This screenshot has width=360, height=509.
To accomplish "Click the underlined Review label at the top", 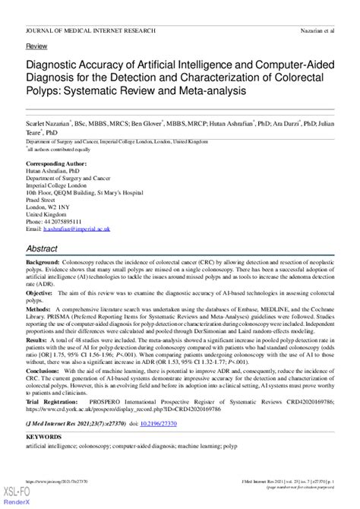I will [36, 46].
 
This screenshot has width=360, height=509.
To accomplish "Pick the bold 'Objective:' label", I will [39, 292].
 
